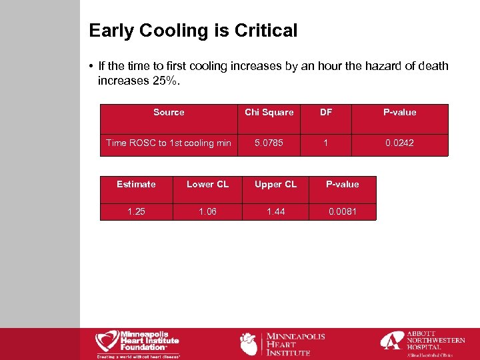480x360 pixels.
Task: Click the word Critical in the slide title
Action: click(268, 31)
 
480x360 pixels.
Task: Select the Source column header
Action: click(169, 112)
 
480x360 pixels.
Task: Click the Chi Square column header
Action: click(269, 112)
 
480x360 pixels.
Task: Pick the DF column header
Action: click(326, 112)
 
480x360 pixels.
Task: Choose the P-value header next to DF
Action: click(399, 112)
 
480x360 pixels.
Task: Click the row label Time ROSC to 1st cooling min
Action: click(169, 143)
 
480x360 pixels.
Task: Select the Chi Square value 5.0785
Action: click(269, 143)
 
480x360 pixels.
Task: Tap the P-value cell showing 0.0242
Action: click(399, 143)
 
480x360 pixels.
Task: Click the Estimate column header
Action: click(136, 184)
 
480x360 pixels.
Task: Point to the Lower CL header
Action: click(207, 184)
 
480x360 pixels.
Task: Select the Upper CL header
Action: click(275, 184)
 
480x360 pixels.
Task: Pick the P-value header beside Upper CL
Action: click(342, 184)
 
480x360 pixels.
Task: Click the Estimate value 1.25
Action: click(136, 211)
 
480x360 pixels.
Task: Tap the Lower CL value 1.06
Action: click(207, 211)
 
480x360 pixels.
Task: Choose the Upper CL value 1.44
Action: click(275, 211)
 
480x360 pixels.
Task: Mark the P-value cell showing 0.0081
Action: click(343, 211)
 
